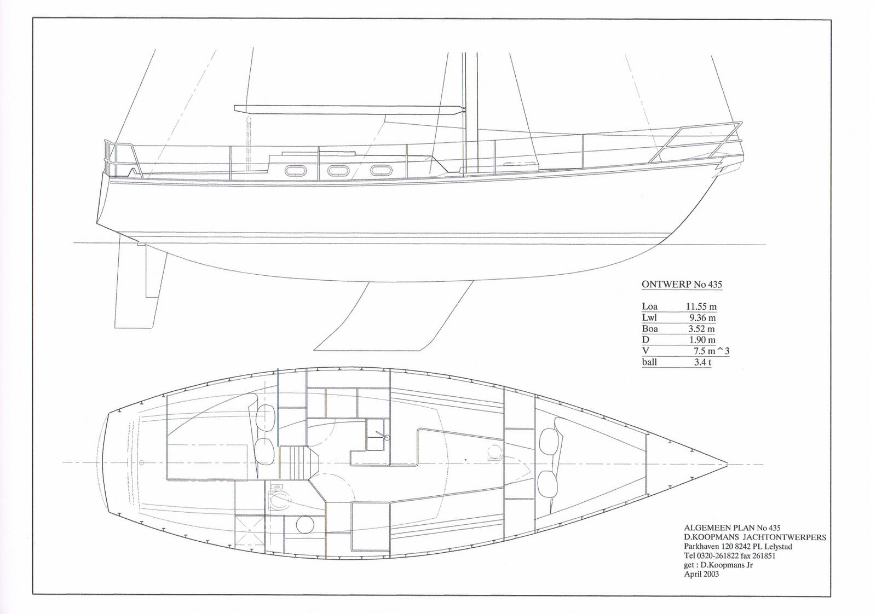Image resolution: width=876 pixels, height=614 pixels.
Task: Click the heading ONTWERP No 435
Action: (x=682, y=285)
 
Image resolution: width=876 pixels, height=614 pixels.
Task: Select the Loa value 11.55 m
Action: (x=701, y=307)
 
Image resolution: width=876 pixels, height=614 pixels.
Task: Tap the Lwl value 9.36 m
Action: (x=702, y=318)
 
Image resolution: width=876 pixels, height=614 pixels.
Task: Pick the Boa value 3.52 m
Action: (x=701, y=329)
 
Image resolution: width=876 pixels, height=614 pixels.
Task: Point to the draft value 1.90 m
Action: (x=702, y=340)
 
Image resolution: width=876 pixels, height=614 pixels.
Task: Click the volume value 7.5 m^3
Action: (x=711, y=351)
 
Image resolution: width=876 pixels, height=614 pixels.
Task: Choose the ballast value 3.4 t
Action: (x=702, y=362)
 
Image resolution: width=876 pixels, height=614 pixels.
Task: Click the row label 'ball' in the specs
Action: (x=649, y=362)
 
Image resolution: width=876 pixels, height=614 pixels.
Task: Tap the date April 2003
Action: (x=701, y=574)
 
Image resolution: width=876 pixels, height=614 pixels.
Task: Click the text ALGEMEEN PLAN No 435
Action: (x=732, y=528)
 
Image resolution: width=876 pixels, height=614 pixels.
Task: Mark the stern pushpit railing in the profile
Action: (x=122, y=159)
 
